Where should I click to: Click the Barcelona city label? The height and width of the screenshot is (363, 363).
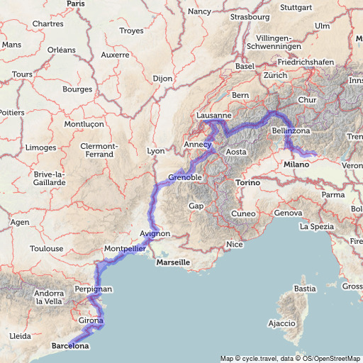(70, 347)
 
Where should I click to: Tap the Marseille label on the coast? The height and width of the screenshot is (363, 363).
(173, 262)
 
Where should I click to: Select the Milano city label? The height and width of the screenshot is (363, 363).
(298, 164)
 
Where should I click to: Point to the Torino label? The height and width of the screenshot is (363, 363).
(248, 182)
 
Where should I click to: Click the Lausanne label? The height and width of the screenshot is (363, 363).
(214, 115)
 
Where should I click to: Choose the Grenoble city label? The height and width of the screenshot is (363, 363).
(186, 177)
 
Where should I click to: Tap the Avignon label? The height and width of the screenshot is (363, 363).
(155, 233)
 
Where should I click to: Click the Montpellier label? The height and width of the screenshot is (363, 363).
(125, 249)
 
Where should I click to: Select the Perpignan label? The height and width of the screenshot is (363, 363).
(93, 289)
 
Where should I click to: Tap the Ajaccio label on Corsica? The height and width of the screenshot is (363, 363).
(281, 323)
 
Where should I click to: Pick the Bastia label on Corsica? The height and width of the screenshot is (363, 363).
(305, 289)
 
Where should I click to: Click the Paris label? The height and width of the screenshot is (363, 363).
(76, 4)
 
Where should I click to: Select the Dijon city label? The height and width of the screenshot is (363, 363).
(162, 79)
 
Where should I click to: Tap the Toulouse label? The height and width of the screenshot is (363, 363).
(46, 249)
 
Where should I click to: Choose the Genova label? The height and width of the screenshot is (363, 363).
(288, 213)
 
